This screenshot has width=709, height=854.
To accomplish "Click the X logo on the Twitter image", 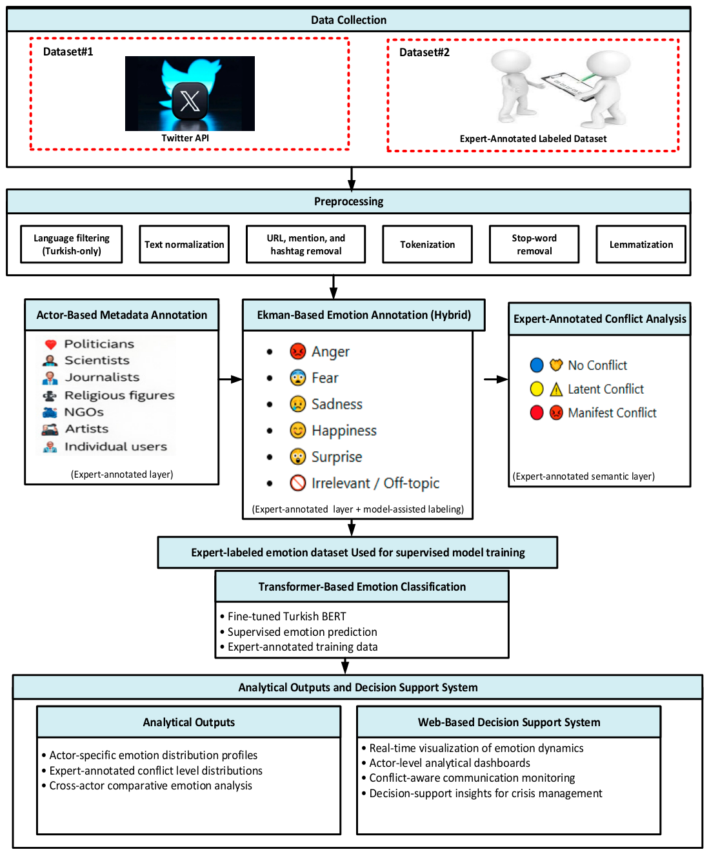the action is [x=190, y=101].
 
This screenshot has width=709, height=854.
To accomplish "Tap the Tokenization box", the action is [x=427, y=244].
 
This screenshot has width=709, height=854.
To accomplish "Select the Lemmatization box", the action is [x=641, y=244].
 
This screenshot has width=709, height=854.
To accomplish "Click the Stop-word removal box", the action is [x=534, y=244].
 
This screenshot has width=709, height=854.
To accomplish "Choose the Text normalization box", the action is [x=184, y=244].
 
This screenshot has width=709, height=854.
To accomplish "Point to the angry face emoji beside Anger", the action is [x=297, y=351].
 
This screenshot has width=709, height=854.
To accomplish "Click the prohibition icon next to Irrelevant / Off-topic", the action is [x=297, y=483].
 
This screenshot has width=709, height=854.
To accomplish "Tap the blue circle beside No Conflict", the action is [x=537, y=365].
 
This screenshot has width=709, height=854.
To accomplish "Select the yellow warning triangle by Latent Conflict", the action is [x=556, y=389].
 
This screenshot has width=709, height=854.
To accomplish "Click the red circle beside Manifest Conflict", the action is [x=537, y=412].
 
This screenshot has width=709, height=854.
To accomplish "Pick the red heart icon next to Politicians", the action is [x=50, y=345].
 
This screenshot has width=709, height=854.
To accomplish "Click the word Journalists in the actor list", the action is [x=102, y=377].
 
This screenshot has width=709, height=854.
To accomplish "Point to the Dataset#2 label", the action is [x=424, y=52].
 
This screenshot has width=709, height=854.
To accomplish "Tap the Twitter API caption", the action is [x=185, y=138].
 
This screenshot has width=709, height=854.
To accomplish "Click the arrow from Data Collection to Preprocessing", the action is [x=351, y=179].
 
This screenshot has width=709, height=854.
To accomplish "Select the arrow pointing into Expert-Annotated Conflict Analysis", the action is [x=495, y=379].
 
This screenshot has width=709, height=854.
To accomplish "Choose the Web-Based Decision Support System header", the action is [x=508, y=722].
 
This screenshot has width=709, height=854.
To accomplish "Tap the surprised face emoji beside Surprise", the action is [x=297, y=456].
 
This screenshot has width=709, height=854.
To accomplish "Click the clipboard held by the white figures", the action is [x=567, y=85].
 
